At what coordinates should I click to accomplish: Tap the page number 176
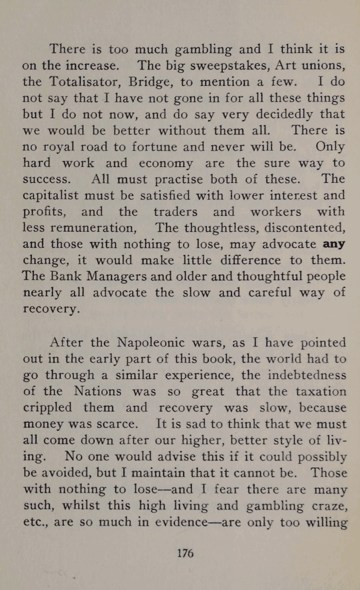(185, 554)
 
